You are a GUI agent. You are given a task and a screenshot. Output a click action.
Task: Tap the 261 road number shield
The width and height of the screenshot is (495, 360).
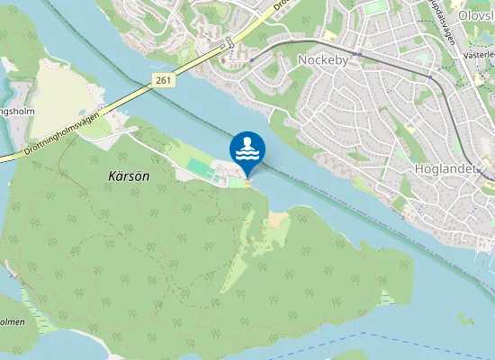pyautogui.click(x=162, y=81)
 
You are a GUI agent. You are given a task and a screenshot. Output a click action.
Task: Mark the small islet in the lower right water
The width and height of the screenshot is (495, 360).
pyautogui.click(x=464, y=319)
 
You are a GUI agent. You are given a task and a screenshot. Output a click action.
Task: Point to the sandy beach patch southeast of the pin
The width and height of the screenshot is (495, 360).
pyautogui.click(x=277, y=220)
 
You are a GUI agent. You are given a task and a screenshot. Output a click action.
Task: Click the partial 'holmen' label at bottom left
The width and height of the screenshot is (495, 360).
pyautogui.click(x=11, y=321)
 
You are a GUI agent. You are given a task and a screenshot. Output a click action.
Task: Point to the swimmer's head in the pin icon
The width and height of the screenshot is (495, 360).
pyautogui.click(x=247, y=141)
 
